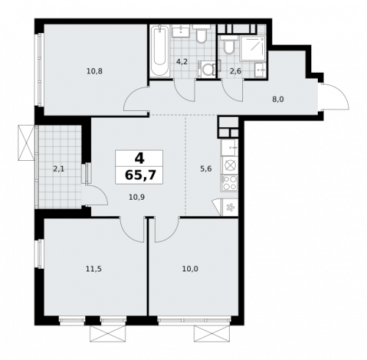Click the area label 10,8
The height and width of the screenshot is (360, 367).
(93, 72)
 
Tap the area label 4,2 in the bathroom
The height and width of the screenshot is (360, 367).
(181, 62)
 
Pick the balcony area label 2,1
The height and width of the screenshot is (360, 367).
(59, 168)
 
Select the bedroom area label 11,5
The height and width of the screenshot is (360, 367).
(93, 269)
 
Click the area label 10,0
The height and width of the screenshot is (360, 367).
(190, 269)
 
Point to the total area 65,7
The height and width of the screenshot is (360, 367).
(139, 176)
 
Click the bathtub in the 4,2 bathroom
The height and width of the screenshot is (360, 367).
(159, 51)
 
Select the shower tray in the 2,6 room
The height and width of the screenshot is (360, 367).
(252, 46)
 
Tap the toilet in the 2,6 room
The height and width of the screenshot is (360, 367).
(229, 48)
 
